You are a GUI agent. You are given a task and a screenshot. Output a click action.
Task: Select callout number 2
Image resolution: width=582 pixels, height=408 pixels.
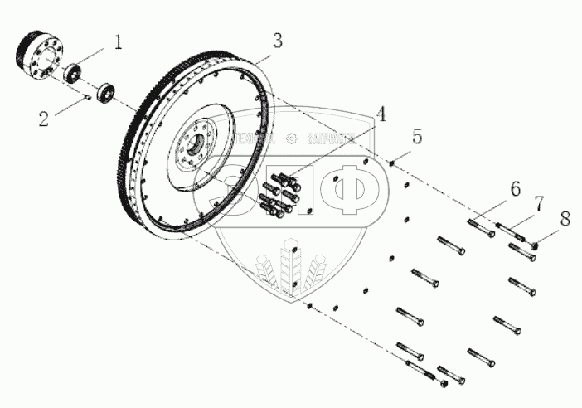[x=43, y=119]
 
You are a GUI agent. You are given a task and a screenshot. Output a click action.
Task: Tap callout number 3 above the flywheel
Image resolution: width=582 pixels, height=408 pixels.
[x=277, y=40]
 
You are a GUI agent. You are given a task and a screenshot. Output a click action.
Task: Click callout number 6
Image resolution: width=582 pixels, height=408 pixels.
[x=515, y=190]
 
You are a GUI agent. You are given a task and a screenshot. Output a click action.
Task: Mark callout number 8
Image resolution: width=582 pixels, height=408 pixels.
[x=565, y=220]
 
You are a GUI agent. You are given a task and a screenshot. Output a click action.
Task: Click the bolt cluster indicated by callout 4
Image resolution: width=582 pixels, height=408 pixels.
[x=279, y=195]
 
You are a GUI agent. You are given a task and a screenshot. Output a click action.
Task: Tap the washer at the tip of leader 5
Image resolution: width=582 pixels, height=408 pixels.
[x=390, y=163]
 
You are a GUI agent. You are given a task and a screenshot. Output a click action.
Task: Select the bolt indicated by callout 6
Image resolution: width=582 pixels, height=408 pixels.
[x=480, y=227]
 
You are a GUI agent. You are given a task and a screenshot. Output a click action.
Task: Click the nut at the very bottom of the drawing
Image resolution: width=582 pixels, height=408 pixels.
[x=444, y=383]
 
